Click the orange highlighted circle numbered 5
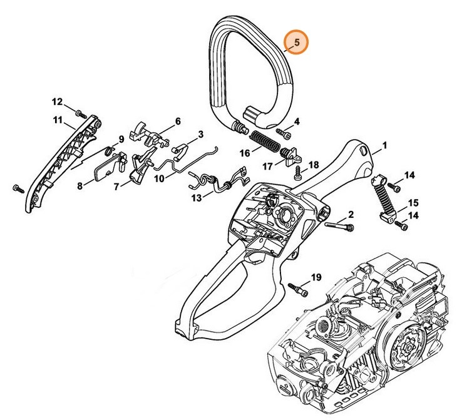(x=296, y=43)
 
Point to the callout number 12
(x=57, y=102)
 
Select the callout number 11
(x=58, y=120)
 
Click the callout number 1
(x=384, y=146)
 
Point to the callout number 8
(x=80, y=185)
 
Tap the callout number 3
(x=201, y=134)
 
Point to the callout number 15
(x=413, y=203)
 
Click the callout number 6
(x=178, y=121)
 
